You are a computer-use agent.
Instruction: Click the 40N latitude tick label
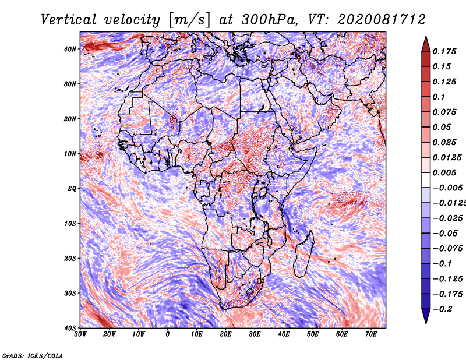pyautogui.click(x=70, y=49)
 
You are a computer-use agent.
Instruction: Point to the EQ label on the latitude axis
pyautogui.click(x=72, y=189)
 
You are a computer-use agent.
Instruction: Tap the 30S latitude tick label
pyautogui.click(x=70, y=294)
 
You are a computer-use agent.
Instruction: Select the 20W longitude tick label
pyautogui.click(x=110, y=334)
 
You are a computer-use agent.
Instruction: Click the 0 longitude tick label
pyautogui.click(x=168, y=334)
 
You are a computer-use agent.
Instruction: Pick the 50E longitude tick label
pyautogui.click(x=313, y=334)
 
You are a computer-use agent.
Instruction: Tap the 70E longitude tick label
pyautogui.click(x=370, y=334)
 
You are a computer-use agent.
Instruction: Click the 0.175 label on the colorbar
pyautogui.click(x=444, y=51)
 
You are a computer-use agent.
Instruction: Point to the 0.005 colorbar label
pyautogui.click(x=444, y=172)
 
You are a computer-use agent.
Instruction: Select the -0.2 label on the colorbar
pyautogui.click(x=443, y=309)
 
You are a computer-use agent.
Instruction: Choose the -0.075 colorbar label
pyautogui.click(x=448, y=249)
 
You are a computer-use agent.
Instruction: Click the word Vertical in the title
pyautogui.click(x=69, y=20)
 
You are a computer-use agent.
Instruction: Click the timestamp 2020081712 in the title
pyautogui.click(x=381, y=20)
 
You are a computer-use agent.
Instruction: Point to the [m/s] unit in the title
pyautogui.click(x=189, y=20)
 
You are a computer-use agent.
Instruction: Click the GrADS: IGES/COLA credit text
pyautogui.click(x=33, y=356)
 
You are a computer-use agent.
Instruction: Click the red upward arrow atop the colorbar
pyautogui.click(x=426, y=44)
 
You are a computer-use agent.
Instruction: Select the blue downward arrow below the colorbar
pyautogui.click(x=426, y=316)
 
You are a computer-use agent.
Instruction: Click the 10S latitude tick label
pyautogui.click(x=70, y=224)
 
